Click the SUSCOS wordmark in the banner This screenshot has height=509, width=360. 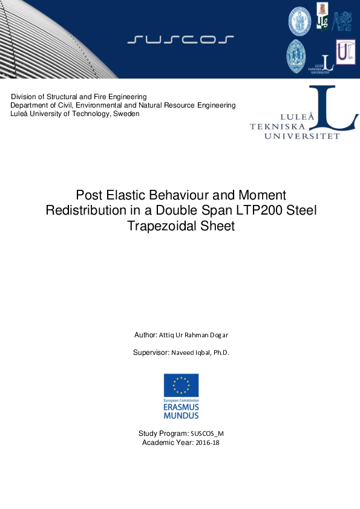tap(181, 40)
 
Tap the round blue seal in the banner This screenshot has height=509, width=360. tap(299, 21)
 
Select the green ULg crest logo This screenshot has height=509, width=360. tap(323, 16)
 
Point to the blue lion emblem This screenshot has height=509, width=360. tap(342, 21)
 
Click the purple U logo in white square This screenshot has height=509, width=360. tap(345, 53)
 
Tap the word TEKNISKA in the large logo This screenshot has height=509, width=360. tap(278, 126)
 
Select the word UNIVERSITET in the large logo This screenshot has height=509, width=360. tap(301, 137)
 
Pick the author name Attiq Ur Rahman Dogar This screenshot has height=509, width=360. tap(194, 335)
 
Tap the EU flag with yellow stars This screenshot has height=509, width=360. tap(181, 385)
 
